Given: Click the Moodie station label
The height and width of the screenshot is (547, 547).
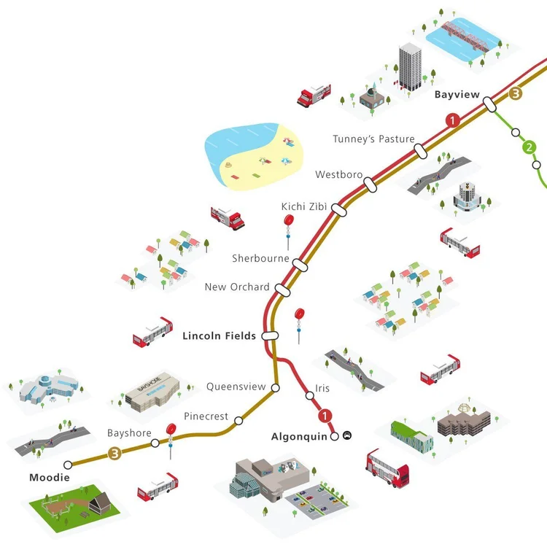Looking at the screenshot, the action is point(50,477).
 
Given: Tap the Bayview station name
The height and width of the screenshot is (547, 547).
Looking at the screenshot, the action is point(457,95).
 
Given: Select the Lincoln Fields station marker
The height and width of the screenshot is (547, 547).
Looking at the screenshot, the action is point(270,335).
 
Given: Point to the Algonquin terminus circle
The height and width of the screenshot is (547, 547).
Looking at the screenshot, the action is point(335,436).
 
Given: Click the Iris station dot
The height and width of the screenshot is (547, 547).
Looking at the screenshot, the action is point(309,395).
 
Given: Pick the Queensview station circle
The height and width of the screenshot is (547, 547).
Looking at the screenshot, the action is point(275,387).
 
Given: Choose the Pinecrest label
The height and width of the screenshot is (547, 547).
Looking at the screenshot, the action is point(206,416).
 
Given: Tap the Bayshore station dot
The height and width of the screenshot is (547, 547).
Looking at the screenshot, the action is point(155,443).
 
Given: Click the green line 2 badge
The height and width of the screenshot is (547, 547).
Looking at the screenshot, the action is point(529,147).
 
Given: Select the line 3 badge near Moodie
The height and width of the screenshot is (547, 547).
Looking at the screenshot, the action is point(115,454).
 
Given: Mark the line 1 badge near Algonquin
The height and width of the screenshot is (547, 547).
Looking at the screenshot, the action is point(325,416).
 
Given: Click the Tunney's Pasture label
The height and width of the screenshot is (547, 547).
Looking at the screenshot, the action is point(373,139).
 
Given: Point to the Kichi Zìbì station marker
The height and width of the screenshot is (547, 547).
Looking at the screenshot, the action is point(338,209).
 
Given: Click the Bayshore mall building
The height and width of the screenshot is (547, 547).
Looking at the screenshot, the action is point(152,392).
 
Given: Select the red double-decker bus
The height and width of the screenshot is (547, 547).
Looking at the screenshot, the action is point(387,468).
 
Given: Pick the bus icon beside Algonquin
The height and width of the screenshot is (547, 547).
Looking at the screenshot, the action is point(347,435).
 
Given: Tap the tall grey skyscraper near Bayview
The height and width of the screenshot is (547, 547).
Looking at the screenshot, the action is point(410,66).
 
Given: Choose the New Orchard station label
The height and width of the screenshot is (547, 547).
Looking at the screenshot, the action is point(237,287).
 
